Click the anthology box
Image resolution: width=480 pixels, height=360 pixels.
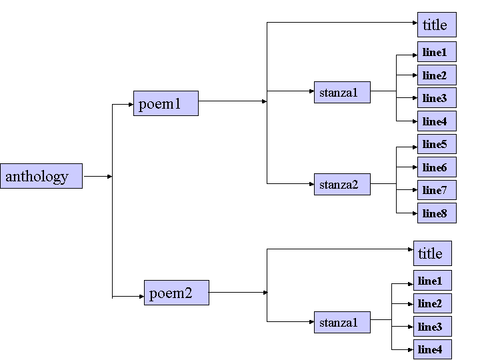[41, 176]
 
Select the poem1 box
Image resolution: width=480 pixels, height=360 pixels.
[165, 103]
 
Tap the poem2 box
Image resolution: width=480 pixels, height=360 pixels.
[176, 293]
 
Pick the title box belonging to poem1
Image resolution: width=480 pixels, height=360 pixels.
[437, 25]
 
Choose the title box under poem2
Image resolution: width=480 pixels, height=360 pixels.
[432, 253]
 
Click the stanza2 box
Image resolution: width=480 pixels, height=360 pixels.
[342, 183]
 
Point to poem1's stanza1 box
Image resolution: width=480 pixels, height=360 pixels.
[342, 92]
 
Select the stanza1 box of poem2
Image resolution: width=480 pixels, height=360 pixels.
[342, 322]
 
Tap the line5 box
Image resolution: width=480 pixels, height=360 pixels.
[437, 144]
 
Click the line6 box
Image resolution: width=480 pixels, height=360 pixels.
[437, 167]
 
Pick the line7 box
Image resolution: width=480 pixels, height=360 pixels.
[437, 190]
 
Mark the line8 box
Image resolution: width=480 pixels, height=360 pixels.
[437, 213]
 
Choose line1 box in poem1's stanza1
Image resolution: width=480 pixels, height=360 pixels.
[437, 52]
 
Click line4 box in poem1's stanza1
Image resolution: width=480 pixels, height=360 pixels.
[437, 121]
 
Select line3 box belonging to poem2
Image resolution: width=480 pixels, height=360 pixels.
[432, 326]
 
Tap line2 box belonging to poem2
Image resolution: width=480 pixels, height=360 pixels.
[432, 303]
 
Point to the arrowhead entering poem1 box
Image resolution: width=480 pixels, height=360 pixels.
[131, 104]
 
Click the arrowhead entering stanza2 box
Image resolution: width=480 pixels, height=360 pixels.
[311, 183]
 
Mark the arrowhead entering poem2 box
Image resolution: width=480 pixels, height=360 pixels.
[141, 295]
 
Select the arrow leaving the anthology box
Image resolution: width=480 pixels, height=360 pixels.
[97, 177]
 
